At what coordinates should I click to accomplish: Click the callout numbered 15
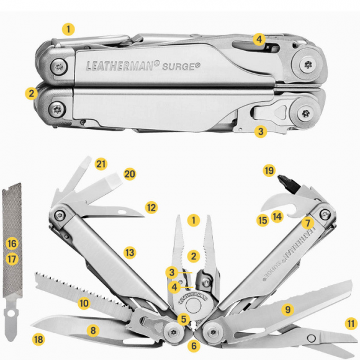pos(263,220)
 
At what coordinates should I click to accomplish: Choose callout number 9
pos(286,308)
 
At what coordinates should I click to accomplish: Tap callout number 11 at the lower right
pos(351,323)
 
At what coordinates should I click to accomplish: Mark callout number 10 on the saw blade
pos(84,303)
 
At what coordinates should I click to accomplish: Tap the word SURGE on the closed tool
pos(182,64)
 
